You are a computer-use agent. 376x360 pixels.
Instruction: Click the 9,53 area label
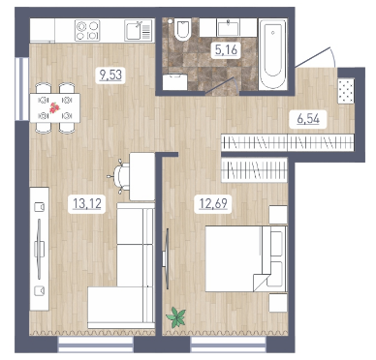click(x=110, y=75)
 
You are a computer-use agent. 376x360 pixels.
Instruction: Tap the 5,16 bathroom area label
click(x=226, y=50)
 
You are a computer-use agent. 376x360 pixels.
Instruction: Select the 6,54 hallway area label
click(x=308, y=119)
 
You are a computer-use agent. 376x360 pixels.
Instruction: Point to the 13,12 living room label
click(x=87, y=204)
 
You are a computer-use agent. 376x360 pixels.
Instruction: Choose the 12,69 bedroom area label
click(x=213, y=204)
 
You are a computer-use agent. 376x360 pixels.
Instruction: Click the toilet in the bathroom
click(x=182, y=29)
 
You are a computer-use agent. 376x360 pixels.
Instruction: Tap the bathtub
click(x=273, y=53)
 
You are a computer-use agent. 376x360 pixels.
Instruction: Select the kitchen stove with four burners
click(x=87, y=31)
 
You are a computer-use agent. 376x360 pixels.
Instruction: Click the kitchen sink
click(x=138, y=31)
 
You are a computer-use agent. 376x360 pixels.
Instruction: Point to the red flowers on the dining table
click(x=54, y=108)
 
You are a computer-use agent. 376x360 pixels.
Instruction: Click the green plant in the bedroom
click(x=176, y=316)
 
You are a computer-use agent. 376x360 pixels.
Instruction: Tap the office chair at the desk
click(x=119, y=177)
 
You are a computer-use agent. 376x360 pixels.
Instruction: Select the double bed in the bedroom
click(x=246, y=258)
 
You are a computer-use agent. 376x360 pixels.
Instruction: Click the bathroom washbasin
click(x=229, y=28)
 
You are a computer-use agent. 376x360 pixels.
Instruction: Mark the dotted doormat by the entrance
click(x=346, y=91)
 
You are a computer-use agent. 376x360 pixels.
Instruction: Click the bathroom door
click(x=222, y=86)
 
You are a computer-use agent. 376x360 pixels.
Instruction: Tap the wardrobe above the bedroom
click(x=254, y=170)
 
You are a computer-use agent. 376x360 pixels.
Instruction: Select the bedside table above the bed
click(x=278, y=215)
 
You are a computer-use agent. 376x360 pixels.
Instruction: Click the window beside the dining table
click(x=22, y=89)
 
